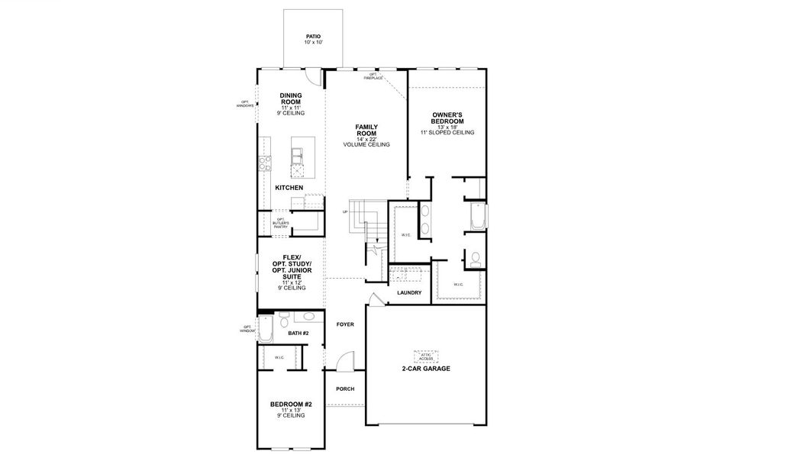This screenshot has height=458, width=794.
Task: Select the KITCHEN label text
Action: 289,188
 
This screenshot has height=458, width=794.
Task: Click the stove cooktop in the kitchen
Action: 265,161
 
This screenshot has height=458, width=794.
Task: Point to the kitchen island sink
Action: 297,156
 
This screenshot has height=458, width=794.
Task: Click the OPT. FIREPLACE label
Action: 373,77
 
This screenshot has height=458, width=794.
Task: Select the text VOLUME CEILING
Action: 366,145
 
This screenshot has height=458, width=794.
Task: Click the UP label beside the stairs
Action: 345,212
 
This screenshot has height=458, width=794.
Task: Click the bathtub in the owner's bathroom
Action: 478,217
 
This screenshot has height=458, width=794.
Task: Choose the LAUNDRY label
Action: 409,292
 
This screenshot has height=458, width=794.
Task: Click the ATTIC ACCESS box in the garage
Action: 425,356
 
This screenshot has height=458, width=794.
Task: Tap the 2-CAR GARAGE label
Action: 425,369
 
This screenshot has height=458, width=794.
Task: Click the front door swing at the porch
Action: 345,360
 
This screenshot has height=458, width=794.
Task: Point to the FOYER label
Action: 345,324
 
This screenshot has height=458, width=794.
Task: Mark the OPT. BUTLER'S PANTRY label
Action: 281,223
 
